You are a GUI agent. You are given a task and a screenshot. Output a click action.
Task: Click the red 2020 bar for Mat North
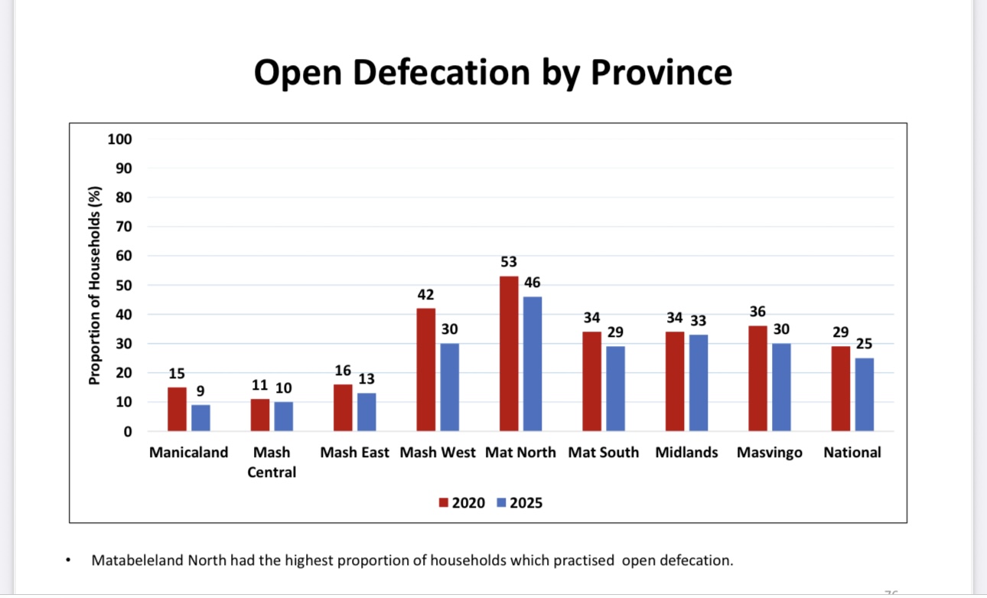pyautogui.click(x=509, y=354)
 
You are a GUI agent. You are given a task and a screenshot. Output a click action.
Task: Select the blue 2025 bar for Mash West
pyautogui.click(x=449, y=387)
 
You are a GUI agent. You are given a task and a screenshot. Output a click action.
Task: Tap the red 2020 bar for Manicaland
pyautogui.click(x=177, y=409)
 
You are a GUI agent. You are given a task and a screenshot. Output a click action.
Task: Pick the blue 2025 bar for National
pyautogui.click(x=865, y=394)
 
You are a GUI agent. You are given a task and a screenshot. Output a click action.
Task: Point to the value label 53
pyautogui.click(x=509, y=262)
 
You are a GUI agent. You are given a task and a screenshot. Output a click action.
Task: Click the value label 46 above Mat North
pyautogui.click(x=533, y=283)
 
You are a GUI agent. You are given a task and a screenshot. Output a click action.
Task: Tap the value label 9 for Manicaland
pyautogui.click(x=200, y=390)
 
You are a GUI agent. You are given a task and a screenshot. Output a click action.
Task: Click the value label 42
pyautogui.click(x=425, y=294)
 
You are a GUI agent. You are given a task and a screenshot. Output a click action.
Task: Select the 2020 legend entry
pyautogui.click(x=461, y=503)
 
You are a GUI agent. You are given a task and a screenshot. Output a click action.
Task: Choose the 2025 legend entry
pyautogui.click(x=520, y=503)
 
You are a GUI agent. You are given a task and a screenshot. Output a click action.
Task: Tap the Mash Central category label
pyautogui.click(x=272, y=462)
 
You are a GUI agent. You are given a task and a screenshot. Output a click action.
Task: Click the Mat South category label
pyautogui.click(x=603, y=453)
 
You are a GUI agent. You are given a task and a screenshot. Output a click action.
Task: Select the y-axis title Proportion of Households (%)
pyautogui.click(x=95, y=285)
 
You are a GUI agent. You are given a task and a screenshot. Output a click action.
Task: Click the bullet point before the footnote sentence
pyautogui.click(x=69, y=561)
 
